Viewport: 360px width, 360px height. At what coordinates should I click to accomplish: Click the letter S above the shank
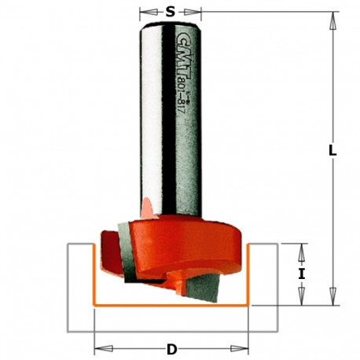171,13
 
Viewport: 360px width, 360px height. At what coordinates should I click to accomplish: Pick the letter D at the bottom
171,348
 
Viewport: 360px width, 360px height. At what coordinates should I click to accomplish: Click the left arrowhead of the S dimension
145,13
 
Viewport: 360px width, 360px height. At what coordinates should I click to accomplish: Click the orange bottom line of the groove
171,304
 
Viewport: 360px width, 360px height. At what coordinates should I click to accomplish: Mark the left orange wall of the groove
95,275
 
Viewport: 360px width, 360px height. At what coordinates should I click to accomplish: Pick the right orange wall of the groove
248,275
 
